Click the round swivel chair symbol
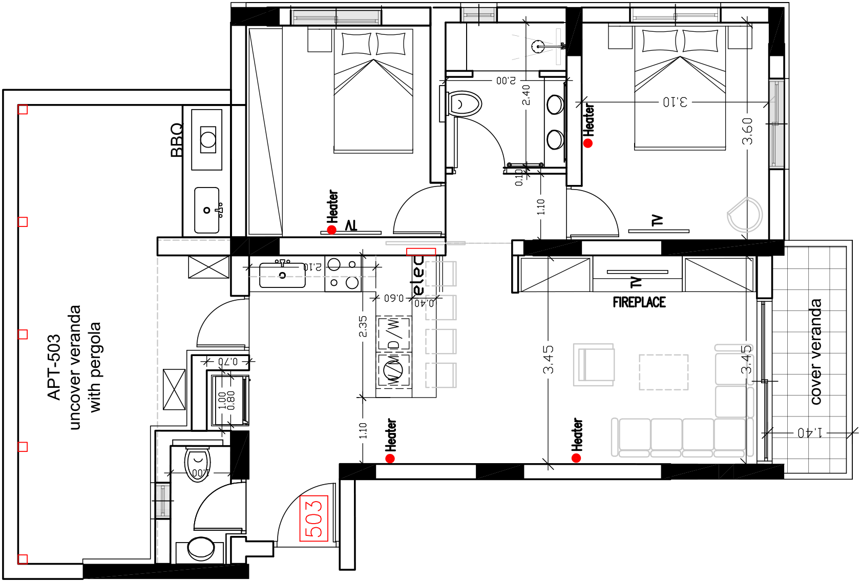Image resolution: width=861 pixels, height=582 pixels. coord(745,215)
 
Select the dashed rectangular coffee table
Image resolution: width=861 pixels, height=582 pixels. coord(663,372)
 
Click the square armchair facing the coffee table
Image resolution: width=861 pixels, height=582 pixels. coord(594,365)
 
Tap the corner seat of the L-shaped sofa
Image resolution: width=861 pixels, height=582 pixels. coord(730,434)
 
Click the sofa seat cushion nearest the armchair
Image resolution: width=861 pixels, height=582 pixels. coord(635,434)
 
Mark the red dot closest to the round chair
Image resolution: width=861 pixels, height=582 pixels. coord(587,143)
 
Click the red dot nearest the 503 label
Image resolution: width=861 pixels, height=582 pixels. coord(390,458)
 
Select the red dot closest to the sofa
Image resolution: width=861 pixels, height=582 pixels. coord(576,458)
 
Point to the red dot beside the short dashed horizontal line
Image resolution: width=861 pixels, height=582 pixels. coord(331,230)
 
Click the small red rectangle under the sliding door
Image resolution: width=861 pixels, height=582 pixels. coord(421,252)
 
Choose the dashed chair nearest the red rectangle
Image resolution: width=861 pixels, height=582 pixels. coord(440,274)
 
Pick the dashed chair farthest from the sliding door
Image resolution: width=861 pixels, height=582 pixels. coord(440,375)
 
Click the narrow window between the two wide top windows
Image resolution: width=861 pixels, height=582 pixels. coord(478,15)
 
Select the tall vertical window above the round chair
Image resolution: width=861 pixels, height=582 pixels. coord(776,123)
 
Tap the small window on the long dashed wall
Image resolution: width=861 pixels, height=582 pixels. coord(163,501)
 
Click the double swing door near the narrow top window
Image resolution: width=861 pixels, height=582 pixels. coord(558,47)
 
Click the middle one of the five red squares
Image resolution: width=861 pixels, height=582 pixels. coord(23,335)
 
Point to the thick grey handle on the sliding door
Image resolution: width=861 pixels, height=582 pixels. coord(456,243)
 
